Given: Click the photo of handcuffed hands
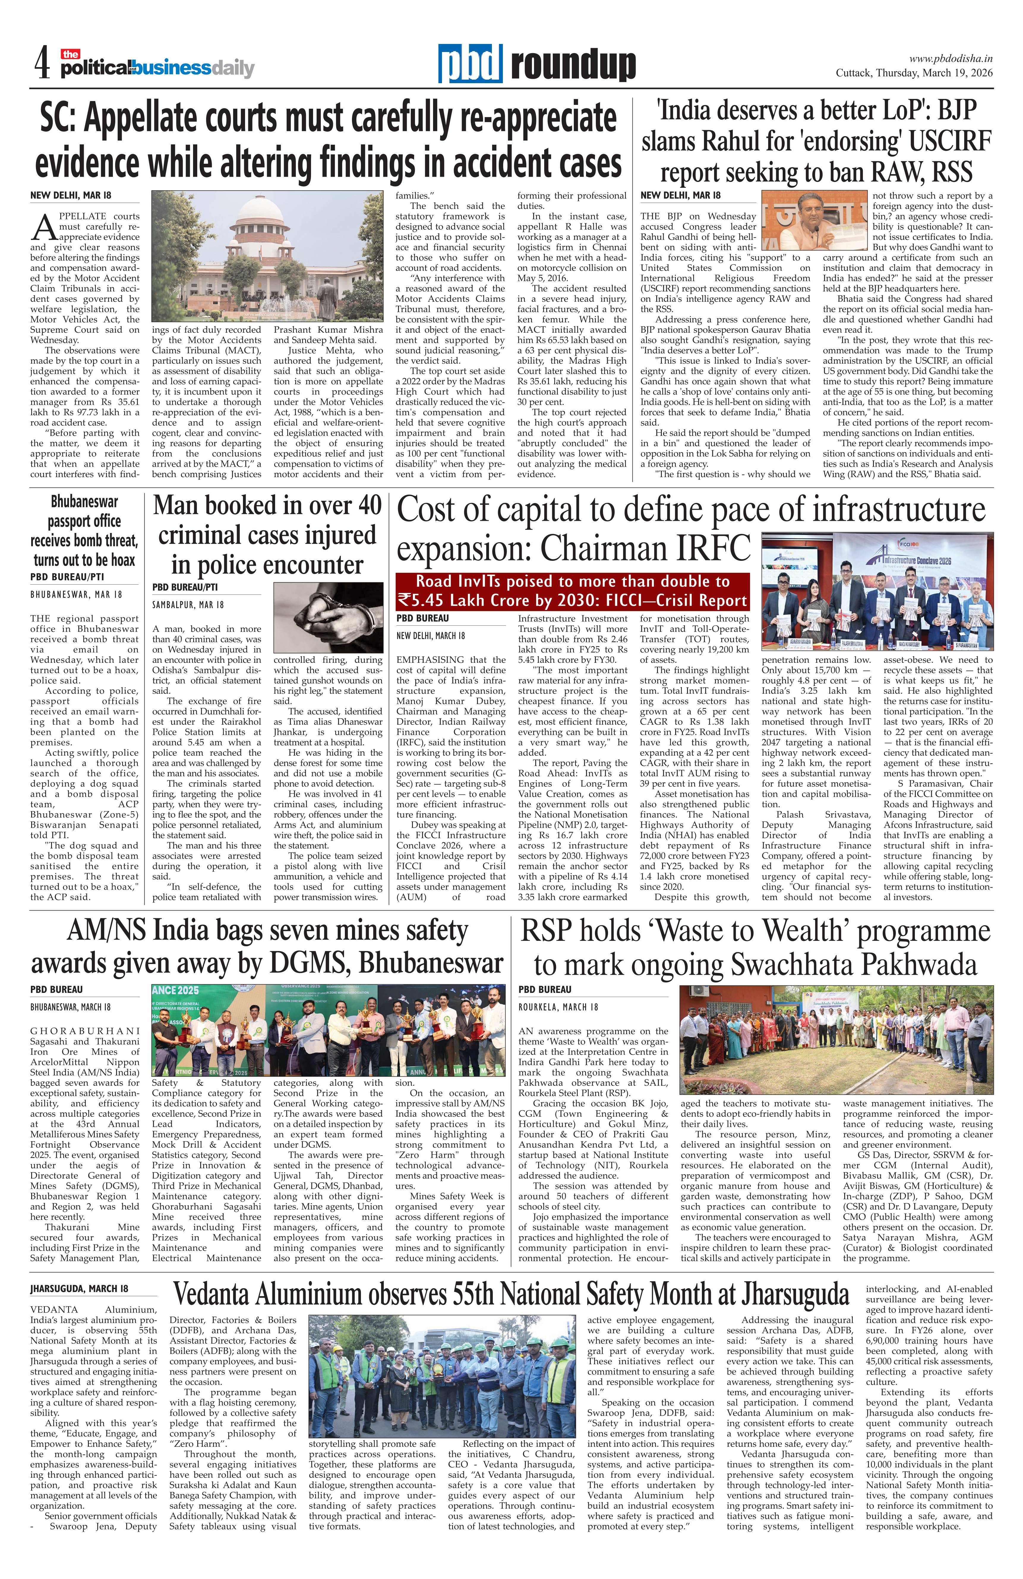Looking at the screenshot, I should pyautogui.click(x=328, y=617).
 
